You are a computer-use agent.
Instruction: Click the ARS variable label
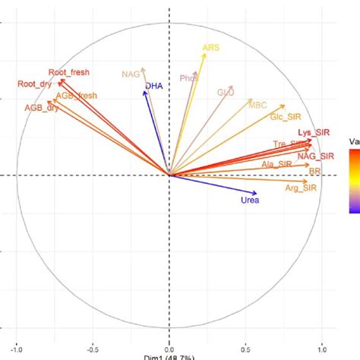coord(210,49)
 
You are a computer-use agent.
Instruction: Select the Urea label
coord(250,201)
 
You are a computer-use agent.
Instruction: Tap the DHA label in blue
coord(155,86)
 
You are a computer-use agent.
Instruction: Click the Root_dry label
coord(34,84)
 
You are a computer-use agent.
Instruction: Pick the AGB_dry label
coord(42,108)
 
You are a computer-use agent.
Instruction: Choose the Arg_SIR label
coord(300,188)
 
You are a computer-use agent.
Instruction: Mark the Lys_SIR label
coord(314,133)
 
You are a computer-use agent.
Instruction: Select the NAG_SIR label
coord(315,156)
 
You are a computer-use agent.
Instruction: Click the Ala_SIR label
coord(276,164)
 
